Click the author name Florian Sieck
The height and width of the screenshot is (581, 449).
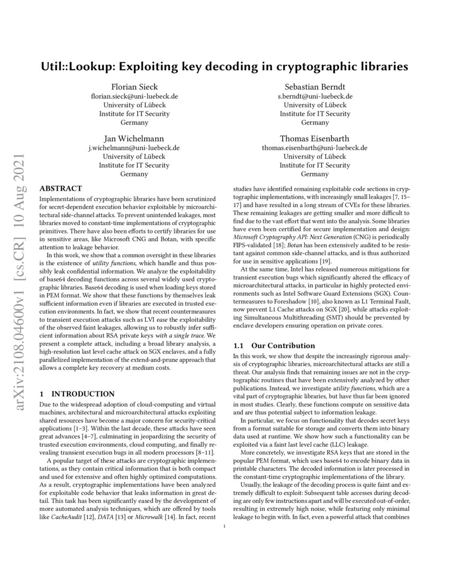[134, 87]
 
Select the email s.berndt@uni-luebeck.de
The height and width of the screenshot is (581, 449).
[315, 96]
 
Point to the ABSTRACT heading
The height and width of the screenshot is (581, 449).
[61, 189]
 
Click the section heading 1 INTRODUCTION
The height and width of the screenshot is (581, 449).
[77, 393]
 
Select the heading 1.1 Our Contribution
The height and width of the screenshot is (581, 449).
[261, 345]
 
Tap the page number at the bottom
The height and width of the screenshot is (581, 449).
[224, 526]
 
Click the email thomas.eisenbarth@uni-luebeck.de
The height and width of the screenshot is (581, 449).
[315, 148]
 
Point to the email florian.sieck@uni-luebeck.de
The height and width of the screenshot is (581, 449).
[134, 96]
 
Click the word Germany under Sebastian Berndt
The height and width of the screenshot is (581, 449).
[315, 122]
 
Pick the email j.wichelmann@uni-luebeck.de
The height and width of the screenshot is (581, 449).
[134, 148]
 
